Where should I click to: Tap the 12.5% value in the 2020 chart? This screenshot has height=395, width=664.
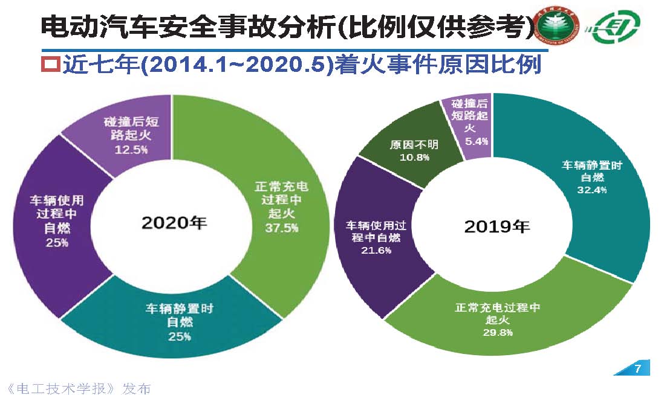tap(131, 149)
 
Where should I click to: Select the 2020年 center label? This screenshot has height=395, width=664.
tap(174, 222)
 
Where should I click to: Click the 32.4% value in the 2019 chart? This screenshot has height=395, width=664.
tap(594, 190)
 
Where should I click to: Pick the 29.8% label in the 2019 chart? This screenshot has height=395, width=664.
tap(497, 332)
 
